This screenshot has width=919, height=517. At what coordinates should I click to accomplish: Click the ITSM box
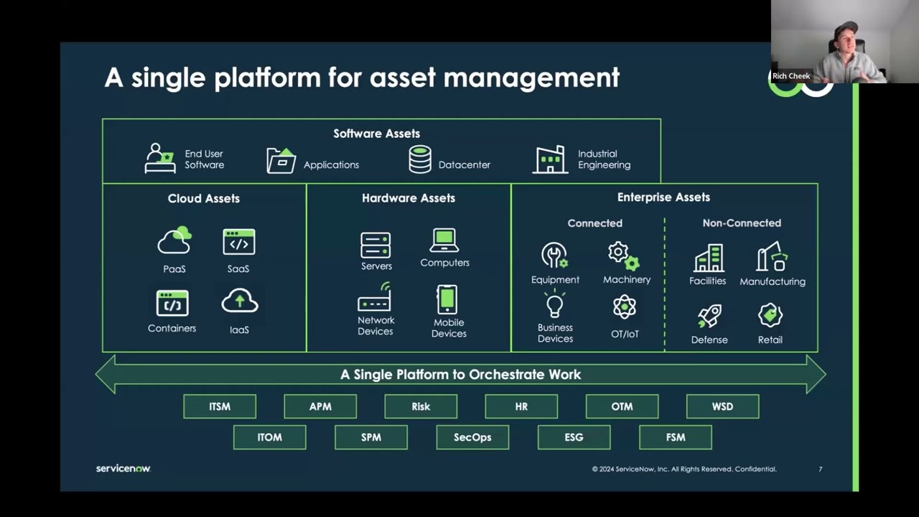(220, 406)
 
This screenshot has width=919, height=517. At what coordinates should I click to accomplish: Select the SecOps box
(472, 437)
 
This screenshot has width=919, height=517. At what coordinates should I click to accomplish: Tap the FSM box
(676, 437)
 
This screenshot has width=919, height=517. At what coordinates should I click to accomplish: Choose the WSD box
(722, 406)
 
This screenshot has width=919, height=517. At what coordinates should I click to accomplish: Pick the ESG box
(574, 437)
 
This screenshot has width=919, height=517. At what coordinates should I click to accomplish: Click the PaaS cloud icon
(174, 241)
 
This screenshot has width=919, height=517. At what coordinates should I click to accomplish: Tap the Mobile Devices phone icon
(447, 299)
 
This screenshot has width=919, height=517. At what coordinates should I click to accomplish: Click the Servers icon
(375, 246)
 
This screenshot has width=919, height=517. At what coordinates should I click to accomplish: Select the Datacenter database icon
(420, 159)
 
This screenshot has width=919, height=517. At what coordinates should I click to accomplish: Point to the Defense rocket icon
(709, 316)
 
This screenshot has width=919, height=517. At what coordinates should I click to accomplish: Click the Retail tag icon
(770, 315)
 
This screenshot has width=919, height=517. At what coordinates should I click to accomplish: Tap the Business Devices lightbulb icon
(555, 304)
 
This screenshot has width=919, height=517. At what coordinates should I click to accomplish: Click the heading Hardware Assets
(409, 198)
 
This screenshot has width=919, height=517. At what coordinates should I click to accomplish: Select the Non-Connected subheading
(742, 223)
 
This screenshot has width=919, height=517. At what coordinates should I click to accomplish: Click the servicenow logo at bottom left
(123, 469)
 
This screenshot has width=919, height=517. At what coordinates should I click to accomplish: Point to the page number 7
(821, 470)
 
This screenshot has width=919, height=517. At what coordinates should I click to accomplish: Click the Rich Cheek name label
(791, 76)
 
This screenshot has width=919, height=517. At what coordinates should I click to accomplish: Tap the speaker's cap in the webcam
(846, 29)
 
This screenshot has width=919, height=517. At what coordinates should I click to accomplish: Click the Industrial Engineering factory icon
(550, 159)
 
